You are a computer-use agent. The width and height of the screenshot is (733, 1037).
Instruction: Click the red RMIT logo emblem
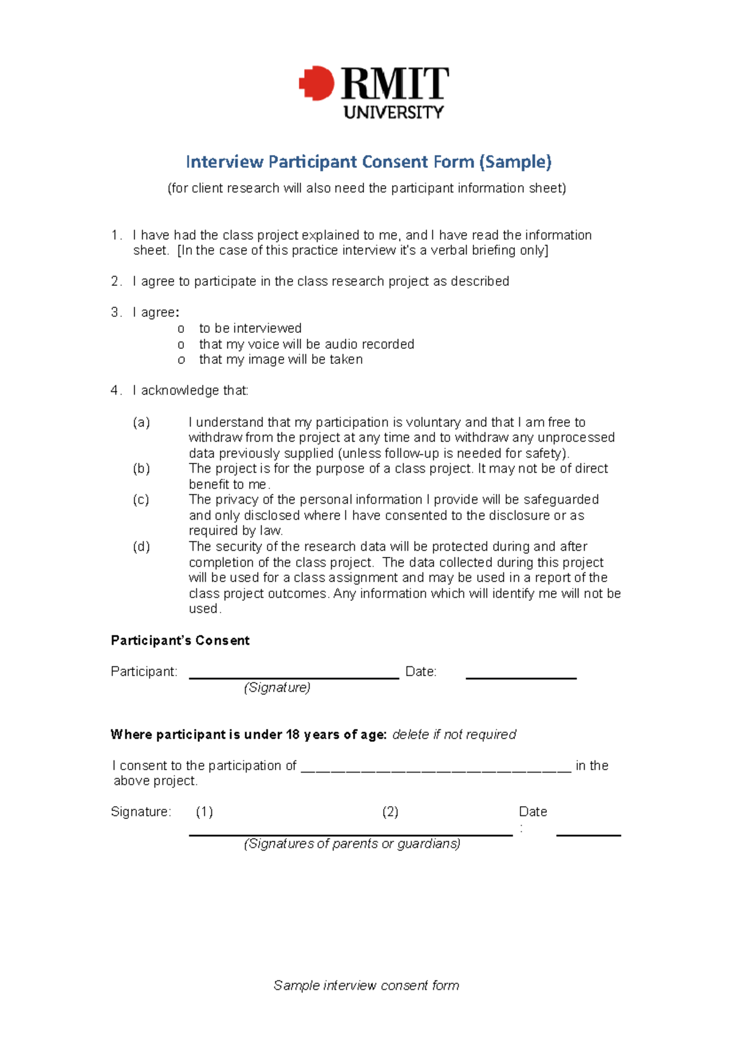316,83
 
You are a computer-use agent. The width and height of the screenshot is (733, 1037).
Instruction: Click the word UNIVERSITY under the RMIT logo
393,112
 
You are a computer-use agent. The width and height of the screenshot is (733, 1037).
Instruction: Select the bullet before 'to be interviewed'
181,329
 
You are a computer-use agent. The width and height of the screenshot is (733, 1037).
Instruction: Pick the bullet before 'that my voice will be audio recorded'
181,345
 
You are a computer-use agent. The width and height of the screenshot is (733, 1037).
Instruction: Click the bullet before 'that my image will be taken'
181,360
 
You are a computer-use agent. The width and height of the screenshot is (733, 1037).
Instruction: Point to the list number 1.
116,235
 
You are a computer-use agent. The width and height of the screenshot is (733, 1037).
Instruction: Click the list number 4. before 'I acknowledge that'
116,391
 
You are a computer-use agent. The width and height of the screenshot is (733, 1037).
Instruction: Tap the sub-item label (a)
141,423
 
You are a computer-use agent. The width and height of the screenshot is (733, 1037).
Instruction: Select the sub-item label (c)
141,500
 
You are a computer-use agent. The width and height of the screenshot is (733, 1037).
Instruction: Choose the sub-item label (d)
141,547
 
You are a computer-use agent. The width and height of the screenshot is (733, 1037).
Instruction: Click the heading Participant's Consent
180,641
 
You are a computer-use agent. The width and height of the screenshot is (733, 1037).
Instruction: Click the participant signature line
293,677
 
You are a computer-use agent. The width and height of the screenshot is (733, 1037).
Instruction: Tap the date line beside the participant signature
520,677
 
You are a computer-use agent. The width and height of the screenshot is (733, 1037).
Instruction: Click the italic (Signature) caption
277,688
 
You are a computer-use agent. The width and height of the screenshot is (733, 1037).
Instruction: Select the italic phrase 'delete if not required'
454,735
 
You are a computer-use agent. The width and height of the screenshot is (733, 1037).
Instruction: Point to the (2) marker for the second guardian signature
390,812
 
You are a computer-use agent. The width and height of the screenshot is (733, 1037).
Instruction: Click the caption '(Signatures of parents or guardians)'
352,844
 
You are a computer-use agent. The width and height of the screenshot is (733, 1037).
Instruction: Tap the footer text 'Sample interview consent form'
366,985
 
